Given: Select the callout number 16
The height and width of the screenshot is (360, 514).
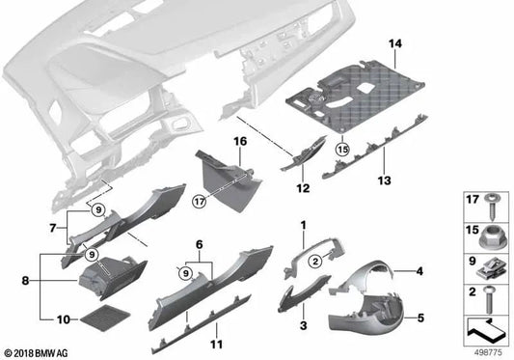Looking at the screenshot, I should click(239, 141).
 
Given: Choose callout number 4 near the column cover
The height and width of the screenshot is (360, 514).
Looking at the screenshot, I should click(420, 273).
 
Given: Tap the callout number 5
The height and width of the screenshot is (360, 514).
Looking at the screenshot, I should click(420, 315).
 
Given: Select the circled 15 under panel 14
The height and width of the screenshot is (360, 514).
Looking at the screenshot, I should click(341, 150).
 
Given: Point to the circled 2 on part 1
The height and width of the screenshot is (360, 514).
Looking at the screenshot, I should click(313, 261).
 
